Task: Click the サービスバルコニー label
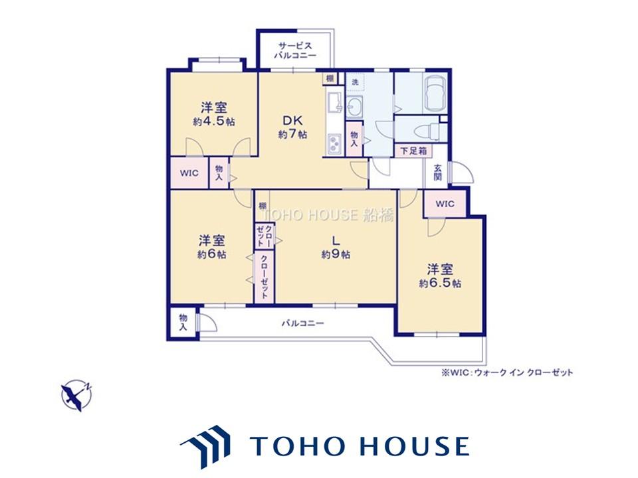(295, 50)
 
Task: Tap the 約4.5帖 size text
(213, 121)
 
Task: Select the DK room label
(292, 120)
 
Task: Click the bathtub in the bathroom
(435, 94)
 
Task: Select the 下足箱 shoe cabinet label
(413, 151)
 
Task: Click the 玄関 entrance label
(437, 173)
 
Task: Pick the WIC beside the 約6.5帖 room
(445, 204)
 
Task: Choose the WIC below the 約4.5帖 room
(189, 173)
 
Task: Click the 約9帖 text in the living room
(335, 255)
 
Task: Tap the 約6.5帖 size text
(440, 283)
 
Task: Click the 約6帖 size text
(211, 255)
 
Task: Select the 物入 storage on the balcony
(183, 323)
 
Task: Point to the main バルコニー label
(303, 323)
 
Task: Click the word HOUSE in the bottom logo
(415, 446)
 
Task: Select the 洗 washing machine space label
(355, 82)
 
